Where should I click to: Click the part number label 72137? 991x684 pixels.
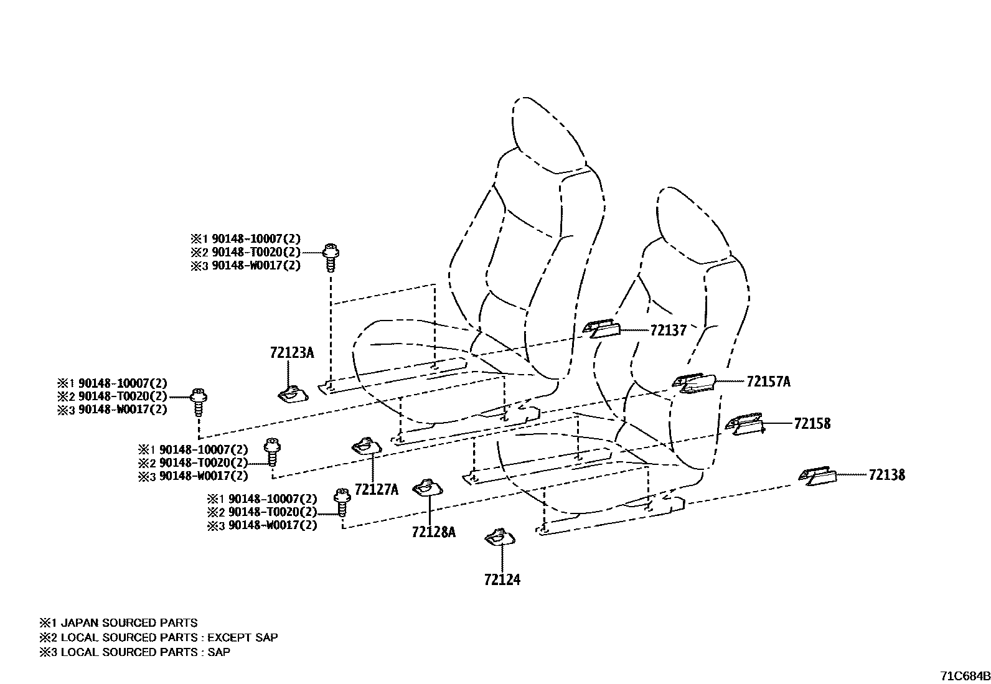pyautogui.click(x=668, y=330)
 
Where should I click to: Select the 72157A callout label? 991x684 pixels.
pyautogui.click(x=768, y=382)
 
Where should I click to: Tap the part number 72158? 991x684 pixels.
pyautogui.click(x=812, y=423)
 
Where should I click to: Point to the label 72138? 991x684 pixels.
pyautogui.click(x=886, y=475)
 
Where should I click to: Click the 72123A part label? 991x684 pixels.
pyautogui.click(x=292, y=353)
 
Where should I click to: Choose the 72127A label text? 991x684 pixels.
pyautogui.click(x=377, y=489)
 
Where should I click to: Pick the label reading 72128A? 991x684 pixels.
pyautogui.click(x=433, y=532)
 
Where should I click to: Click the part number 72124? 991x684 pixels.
pyautogui.click(x=502, y=579)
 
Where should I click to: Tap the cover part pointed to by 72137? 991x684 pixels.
pyautogui.click(x=601, y=328)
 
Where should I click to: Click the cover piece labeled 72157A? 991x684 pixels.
pyautogui.click(x=693, y=383)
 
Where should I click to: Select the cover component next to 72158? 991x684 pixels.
pyautogui.click(x=745, y=424)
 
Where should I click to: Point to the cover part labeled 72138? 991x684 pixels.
pyautogui.click(x=817, y=476)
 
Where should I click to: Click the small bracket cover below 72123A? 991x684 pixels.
pyautogui.click(x=293, y=394)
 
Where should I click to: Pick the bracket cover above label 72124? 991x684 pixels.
pyautogui.click(x=500, y=537)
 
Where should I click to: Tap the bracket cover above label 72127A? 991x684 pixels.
pyautogui.click(x=367, y=446)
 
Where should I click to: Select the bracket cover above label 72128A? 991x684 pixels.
pyautogui.click(x=428, y=487)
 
